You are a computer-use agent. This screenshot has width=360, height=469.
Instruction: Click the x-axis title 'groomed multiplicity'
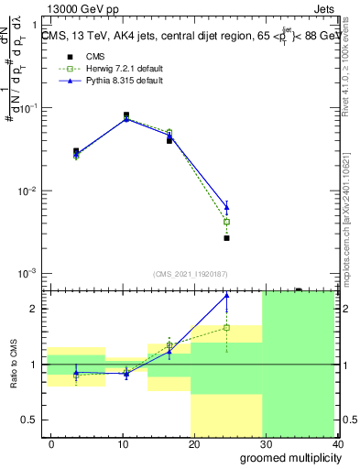coord(286,457)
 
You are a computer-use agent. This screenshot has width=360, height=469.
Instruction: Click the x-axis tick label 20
coord(194,442)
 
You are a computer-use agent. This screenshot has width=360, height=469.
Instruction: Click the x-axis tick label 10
coord(123,442)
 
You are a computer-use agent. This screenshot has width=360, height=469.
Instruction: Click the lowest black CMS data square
coord(226,238)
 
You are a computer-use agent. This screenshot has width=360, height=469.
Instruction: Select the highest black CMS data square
coord(126,115)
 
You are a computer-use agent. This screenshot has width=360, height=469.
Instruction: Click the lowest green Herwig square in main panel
coord(226,222)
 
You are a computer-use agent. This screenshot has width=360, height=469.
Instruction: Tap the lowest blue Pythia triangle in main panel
coord(226,207)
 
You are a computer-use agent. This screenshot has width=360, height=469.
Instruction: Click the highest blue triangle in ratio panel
coord(226,296)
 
